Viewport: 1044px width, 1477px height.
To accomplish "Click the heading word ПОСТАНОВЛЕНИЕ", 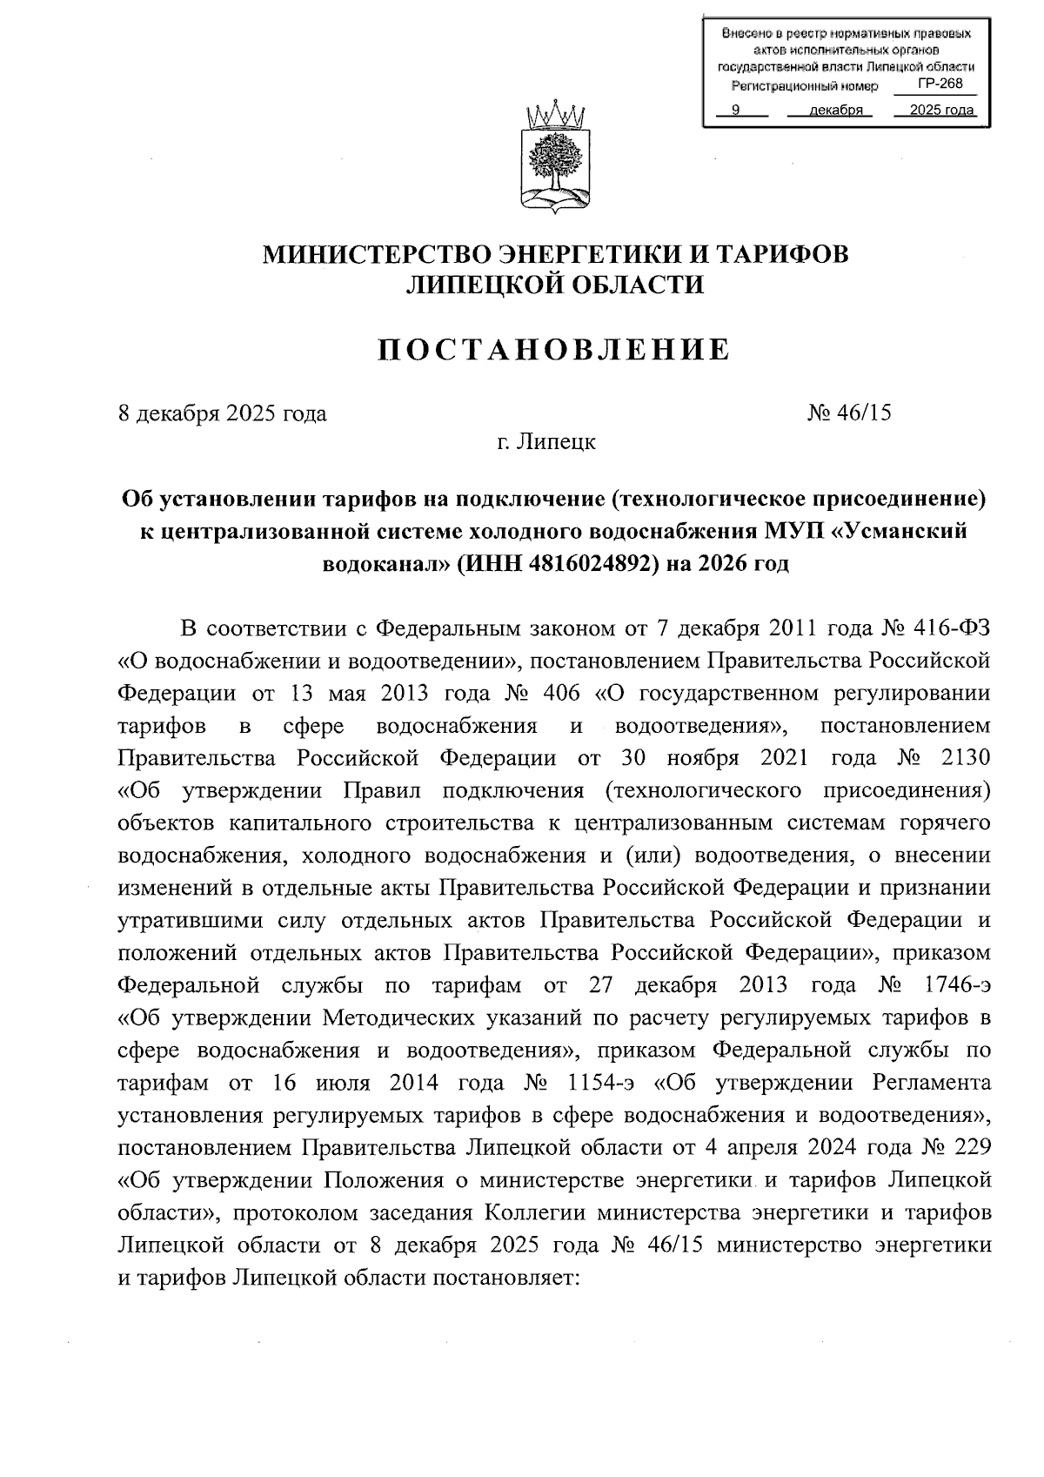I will (554, 349).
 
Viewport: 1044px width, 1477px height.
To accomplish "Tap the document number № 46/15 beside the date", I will (849, 413).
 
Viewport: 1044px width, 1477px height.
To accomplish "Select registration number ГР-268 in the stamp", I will (940, 84).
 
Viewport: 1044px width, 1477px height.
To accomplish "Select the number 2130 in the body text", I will (966, 757).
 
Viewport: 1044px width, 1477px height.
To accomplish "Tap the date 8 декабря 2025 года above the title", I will (222, 413).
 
